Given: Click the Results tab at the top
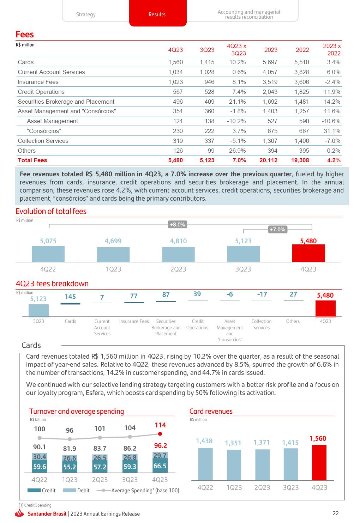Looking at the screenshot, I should pyautogui.click(x=157, y=14).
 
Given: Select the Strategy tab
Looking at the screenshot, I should pyautogui.click(x=86, y=14).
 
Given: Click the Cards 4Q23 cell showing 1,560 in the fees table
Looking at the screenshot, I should pyautogui.click(x=175, y=62).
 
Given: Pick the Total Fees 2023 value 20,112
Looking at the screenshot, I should pyautogui.click(x=268, y=160).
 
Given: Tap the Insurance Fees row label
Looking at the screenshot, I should pyautogui.click(x=38, y=82).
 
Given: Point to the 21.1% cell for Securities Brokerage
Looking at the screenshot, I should pyautogui.click(x=238, y=102).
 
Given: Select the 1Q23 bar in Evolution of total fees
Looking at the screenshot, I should pyautogui.click(x=113, y=254).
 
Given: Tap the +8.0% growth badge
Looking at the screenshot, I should pyautogui.click(x=177, y=225).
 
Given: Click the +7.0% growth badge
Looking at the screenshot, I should pyautogui.click(x=277, y=230).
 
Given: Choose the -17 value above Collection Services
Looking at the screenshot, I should pyautogui.click(x=262, y=294).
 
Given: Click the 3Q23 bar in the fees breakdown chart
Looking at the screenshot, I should pyautogui.click(x=38, y=311).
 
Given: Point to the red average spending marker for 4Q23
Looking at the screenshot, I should pyautogui.click(x=160, y=434).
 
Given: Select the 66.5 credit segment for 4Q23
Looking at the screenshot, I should pyautogui.click(x=160, y=466).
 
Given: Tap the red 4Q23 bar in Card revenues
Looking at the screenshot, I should pyautogui.click(x=319, y=462).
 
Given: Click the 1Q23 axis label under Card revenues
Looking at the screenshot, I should pyautogui.click(x=234, y=487).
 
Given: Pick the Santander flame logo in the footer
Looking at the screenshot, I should pyautogui.click(x=20, y=514).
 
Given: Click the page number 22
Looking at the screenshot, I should pyautogui.click(x=336, y=513).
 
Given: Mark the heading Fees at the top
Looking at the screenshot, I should pyautogui.click(x=25, y=35).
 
